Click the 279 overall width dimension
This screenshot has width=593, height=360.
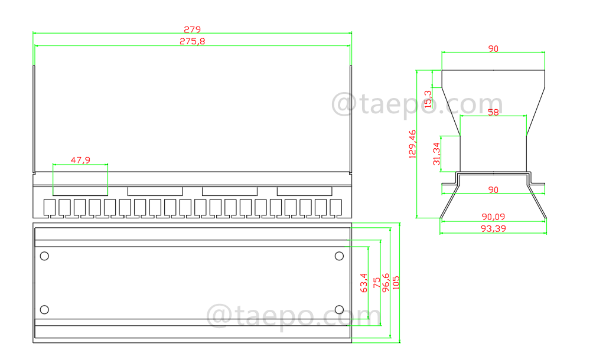[192, 29]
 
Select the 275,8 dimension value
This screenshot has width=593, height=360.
[192, 41]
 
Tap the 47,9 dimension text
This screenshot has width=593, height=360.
[80, 159]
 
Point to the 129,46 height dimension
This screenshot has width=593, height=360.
[412, 144]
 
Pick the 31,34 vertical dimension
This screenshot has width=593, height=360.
[436, 153]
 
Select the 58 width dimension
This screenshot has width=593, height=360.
[493, 112]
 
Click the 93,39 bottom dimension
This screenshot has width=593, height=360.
[493, 228]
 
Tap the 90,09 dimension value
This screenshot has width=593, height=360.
[493, 217]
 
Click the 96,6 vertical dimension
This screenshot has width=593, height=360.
[386, 282]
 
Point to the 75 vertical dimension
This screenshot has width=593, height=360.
[376, 283]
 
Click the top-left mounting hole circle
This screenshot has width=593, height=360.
[44, 256]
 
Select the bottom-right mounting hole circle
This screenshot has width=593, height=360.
[339, 310]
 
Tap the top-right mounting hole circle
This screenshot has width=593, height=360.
[339, 256]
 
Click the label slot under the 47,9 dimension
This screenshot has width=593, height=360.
[80, 191]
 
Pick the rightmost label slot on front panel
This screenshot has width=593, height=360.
[304, 191]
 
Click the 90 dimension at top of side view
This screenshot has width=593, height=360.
[493, 49]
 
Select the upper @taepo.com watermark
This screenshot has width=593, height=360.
[416, 104]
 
